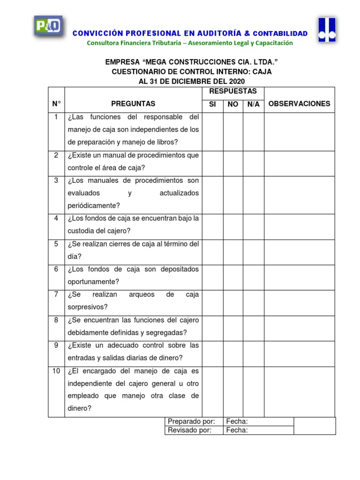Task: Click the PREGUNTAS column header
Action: point(133,104)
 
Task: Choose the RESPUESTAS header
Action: point(233,91)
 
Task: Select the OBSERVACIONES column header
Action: point(299,104)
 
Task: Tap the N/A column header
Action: point(253,104)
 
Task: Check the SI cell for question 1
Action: point(212,132)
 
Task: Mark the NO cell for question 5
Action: point(233,250)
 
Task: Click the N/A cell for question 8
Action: point(253,327)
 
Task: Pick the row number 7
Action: point(56,295)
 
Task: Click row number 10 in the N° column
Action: point(56,371)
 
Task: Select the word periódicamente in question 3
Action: point(94,205)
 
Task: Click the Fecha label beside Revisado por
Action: point(237,430)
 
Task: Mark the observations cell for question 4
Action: point(299,225)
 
